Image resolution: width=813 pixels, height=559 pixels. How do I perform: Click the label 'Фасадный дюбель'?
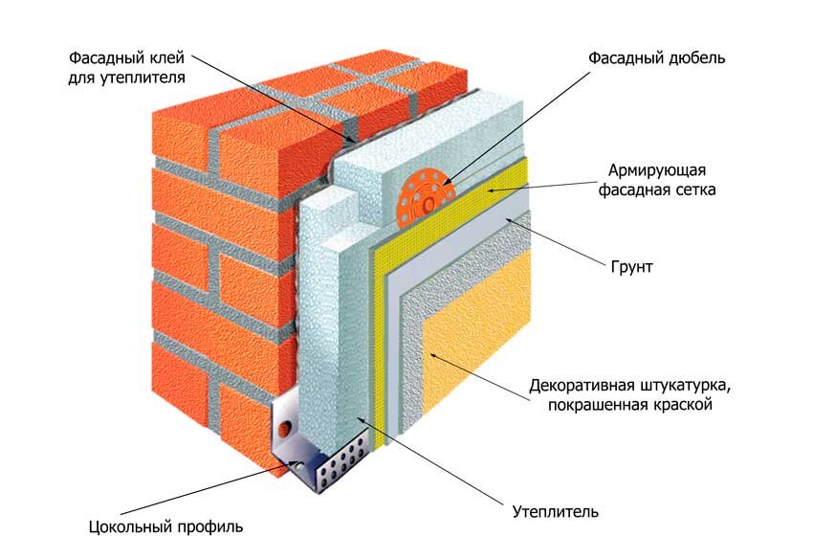(x=656, y=57)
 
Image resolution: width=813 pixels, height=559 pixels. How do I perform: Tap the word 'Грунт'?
(x=631, y=267)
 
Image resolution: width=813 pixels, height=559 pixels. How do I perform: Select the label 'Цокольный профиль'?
(x=165, y=527)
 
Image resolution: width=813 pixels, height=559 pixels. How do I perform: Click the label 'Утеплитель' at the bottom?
(x=556, y=512)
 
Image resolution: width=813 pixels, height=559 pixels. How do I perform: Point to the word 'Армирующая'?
(x=657, y=170)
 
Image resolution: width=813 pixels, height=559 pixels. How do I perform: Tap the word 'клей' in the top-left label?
(x=166, y=57)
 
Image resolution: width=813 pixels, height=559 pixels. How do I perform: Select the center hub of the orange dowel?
(x=427, y=205)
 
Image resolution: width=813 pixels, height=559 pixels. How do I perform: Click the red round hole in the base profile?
(x=285, y=429)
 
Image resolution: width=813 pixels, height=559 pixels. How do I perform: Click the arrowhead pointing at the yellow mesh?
(x=490, y=190)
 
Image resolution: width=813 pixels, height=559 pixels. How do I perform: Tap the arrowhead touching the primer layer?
(x=511, y=221)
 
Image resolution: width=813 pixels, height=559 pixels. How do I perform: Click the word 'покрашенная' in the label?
(x=591, y=404)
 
